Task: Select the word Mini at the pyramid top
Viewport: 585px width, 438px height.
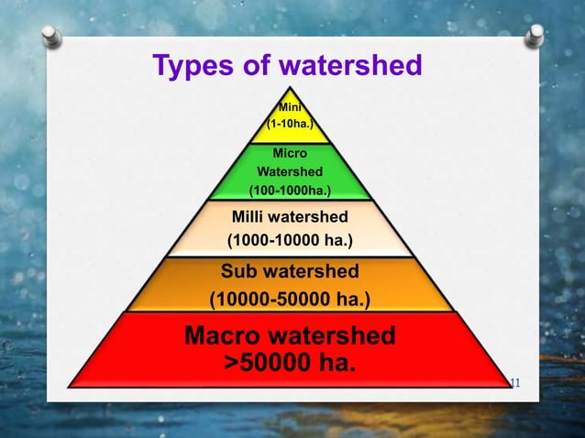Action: point(291,107)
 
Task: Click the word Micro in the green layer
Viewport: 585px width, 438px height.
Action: point(290,153)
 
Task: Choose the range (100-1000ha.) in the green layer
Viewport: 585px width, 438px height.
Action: point(290,191)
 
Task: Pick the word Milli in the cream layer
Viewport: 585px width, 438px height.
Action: point(248,217)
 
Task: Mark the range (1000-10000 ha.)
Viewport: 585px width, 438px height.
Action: point(290,242)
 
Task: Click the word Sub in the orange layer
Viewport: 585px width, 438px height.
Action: point(237,271)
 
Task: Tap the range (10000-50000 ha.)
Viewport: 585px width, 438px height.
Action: point(290,299)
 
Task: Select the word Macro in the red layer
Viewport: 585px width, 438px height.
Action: point(229,335)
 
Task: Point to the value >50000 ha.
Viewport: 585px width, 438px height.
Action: point(290,363)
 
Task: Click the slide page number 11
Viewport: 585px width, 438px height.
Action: point(513,380)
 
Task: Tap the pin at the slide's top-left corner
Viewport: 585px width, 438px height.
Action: point(52,36)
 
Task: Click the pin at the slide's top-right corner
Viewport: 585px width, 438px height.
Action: point(534,36)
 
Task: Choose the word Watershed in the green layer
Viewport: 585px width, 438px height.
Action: point(290,171)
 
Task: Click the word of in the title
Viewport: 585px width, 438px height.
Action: point(256,66)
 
